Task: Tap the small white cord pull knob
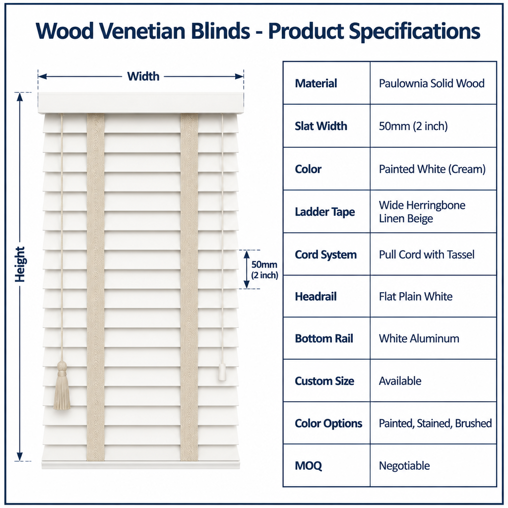222,372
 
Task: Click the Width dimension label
143,76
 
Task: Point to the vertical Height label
20,264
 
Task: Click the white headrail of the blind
141,103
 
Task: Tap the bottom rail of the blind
141,460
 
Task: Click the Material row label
316,83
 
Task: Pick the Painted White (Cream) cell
432,169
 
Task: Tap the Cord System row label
325,254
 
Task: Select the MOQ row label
308,466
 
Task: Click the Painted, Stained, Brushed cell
435,424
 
